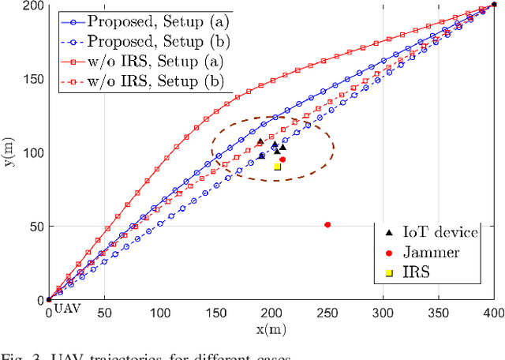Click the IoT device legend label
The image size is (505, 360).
tap(440, 232)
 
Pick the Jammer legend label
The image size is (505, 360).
tap(431, 253)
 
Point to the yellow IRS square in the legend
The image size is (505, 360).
tap(387, 273)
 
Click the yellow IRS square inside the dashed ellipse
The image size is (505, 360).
tap(278, 167)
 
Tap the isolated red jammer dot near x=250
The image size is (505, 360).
tap(327, 225)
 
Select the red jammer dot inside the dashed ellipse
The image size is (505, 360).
tap(282, 159)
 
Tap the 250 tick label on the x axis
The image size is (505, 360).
tap(327, 313)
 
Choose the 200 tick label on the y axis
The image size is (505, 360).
tap(32, 6)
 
